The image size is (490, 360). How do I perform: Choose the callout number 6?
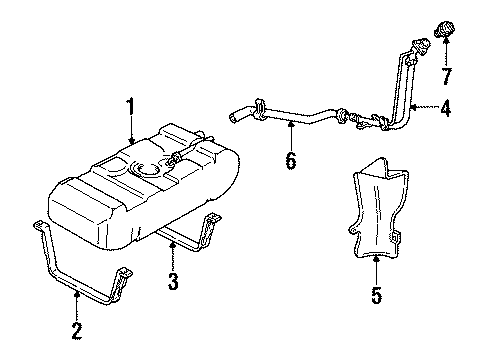(x=291, y=159)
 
